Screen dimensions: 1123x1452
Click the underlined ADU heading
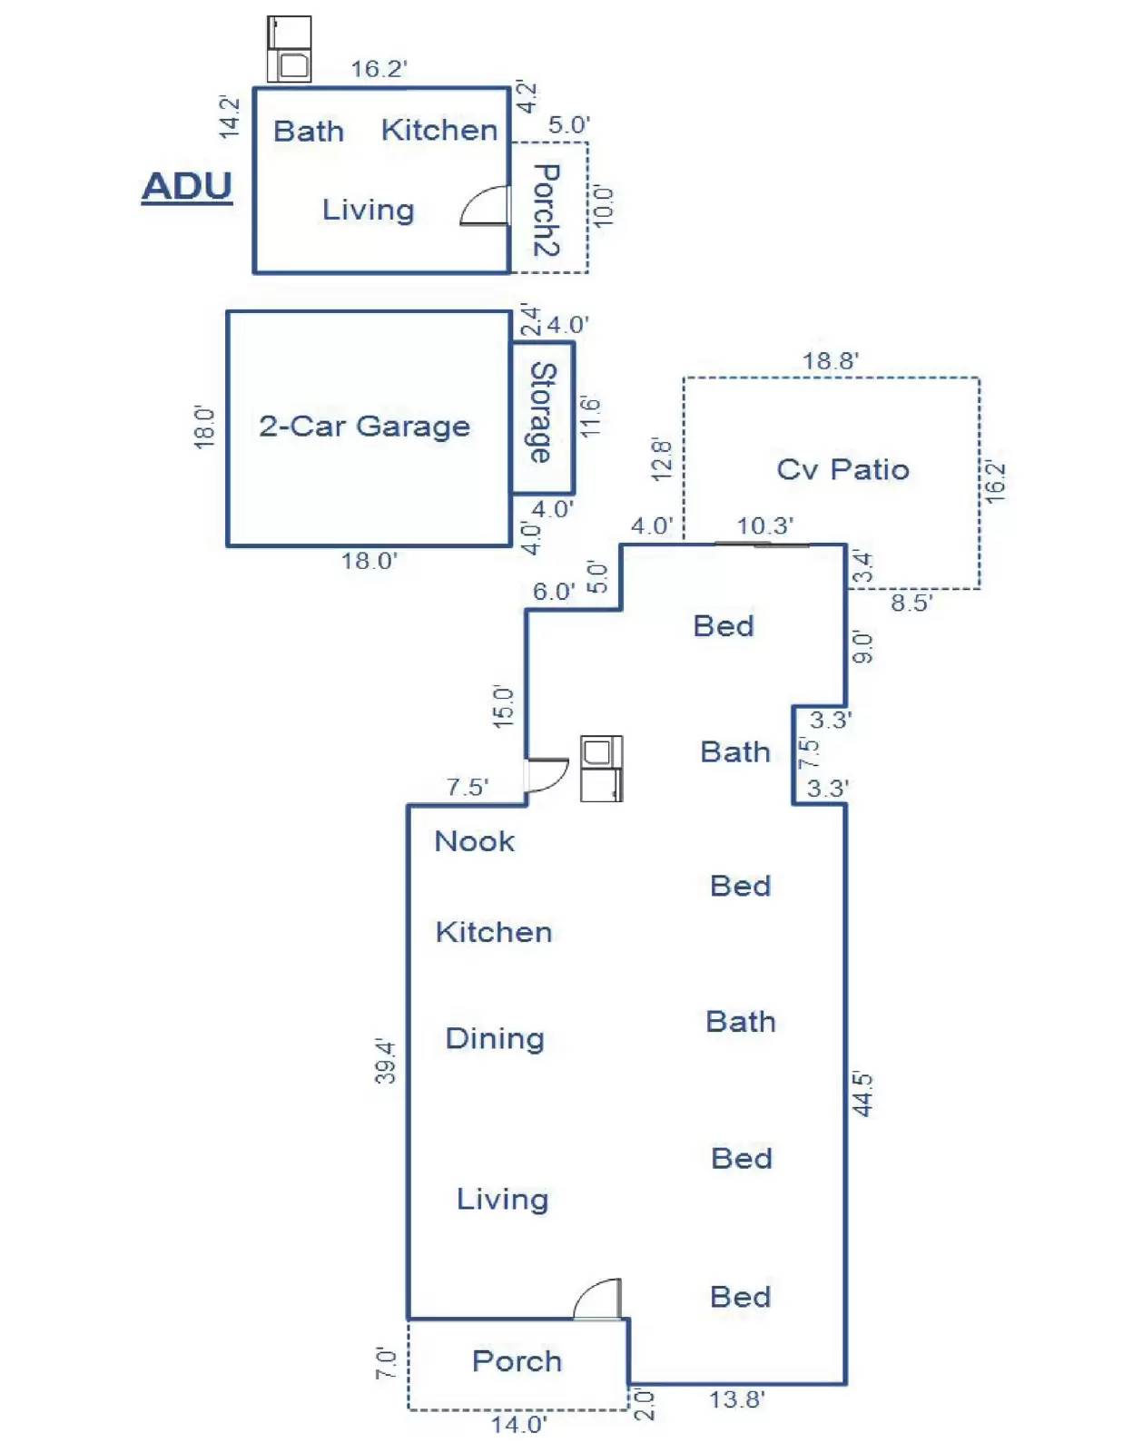point(186,187)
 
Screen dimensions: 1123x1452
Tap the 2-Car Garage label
point(364,426)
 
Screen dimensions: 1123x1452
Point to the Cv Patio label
point(842,469)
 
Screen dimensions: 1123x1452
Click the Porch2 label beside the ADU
point(547,211)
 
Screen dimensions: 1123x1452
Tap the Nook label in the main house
point(475,841)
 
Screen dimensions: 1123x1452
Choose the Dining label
point(495,1039)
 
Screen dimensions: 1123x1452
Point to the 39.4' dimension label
point(386,1061)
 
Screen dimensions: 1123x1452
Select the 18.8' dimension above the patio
point(830,361)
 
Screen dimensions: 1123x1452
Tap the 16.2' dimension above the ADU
point(379,68)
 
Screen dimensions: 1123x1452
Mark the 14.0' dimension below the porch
point(518,1424)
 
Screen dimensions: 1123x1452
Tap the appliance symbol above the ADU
point(290,49)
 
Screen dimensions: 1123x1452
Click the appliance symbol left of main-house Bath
point(602,769)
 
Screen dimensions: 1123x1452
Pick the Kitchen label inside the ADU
point(439,131)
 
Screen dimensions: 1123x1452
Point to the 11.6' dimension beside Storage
point(591,417)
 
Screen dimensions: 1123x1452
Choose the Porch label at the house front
point(517,1361)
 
